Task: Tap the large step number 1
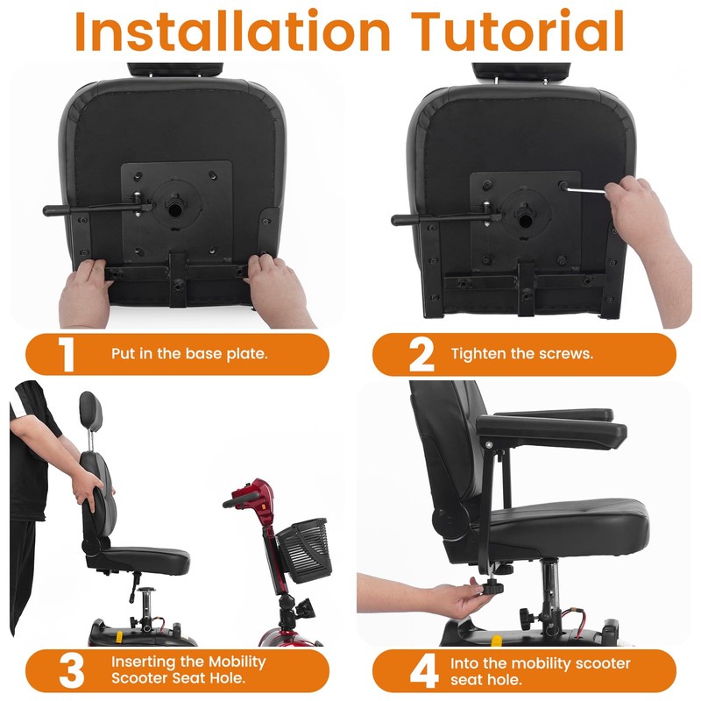click(67, 354)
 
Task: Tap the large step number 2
click(421, 354)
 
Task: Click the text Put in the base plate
click(189, 354)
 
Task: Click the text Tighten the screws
click(522, 354)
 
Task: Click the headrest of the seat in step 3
click(89, 407)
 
